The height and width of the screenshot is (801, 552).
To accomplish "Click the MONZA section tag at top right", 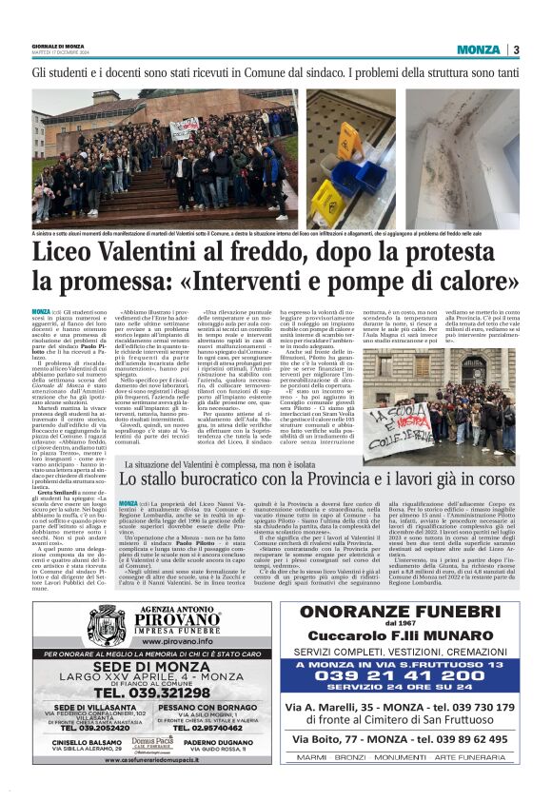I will click(x=477, y=50).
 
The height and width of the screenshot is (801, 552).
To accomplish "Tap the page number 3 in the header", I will click(x=515, y=50).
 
